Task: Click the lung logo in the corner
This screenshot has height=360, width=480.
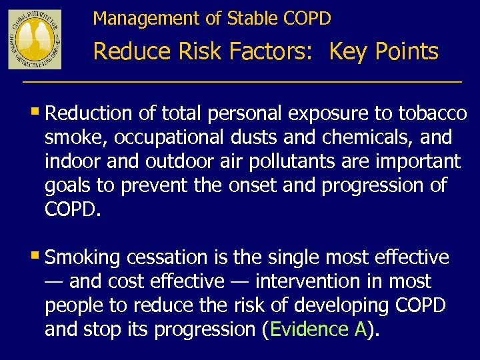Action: point(34,39)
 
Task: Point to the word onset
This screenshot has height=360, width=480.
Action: point(251,185)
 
